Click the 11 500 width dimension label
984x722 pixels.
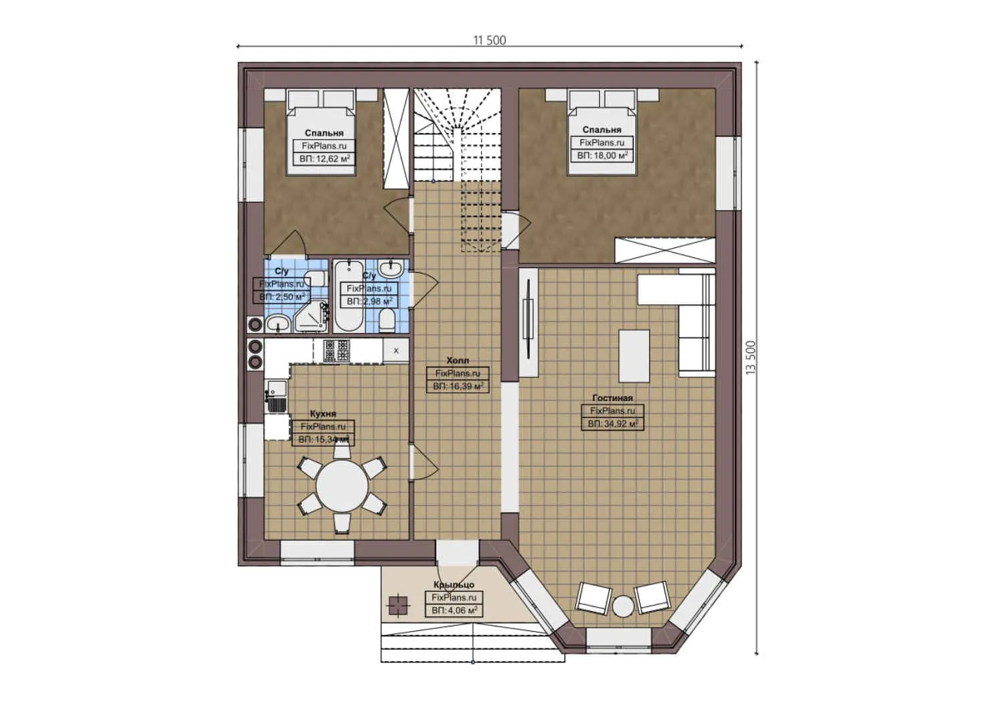[490, 40]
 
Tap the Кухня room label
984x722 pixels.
[323, 414]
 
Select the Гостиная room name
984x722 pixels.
[611, 398]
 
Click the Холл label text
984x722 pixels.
[458, 360]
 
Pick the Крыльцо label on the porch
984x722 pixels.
[454, 585]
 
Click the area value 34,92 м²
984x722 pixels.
[613, 424]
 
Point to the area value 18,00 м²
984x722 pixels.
[602, 155]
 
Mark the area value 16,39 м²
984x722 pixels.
[458, 386]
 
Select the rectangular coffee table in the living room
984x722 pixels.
[634, 354]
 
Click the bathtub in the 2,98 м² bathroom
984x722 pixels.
[347, 296]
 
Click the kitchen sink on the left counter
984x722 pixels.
[275, 396]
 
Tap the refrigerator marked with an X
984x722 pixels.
[396, 350]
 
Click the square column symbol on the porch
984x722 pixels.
[397, 604]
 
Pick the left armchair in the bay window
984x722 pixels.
[593, 597]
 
